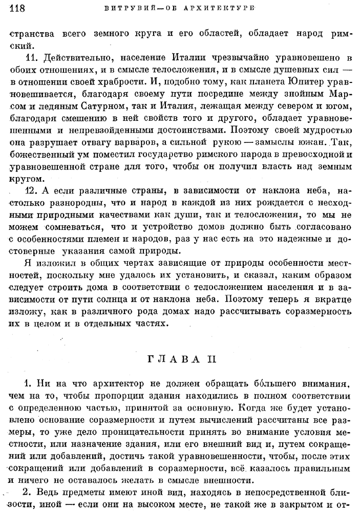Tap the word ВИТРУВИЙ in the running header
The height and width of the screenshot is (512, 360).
pyautogui.click(x=126, y=9)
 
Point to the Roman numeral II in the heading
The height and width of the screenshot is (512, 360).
pyautogui.click(x=210, y=359)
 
